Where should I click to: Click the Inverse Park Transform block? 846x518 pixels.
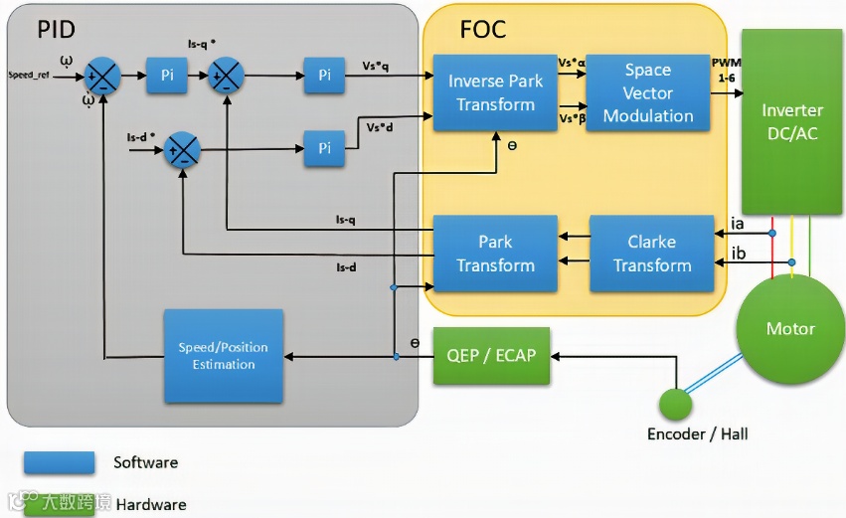coord(494,92)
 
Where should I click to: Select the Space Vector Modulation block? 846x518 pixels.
coord(648,92)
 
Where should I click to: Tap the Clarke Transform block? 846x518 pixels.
coord(651,254)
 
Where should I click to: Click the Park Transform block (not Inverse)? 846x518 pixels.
coord(494,254)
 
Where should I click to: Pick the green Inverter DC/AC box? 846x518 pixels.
coord(791,121)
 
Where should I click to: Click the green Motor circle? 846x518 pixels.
coord(790,329)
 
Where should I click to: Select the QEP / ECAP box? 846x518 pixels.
coord(491,355)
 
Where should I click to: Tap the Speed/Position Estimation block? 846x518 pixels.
coord(223,356)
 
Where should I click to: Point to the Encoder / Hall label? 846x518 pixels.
coord(697,434)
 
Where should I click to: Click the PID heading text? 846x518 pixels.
coord(56,30)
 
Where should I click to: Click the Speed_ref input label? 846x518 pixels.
coord(30,76)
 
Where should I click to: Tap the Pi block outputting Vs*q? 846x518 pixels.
coord(324,76)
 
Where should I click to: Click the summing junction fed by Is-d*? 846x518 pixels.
coord(181,149)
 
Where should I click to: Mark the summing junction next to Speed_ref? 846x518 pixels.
coord(102,76)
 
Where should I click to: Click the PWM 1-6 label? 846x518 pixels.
coord(726,70)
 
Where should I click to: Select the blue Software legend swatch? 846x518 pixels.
coord(60,462)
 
